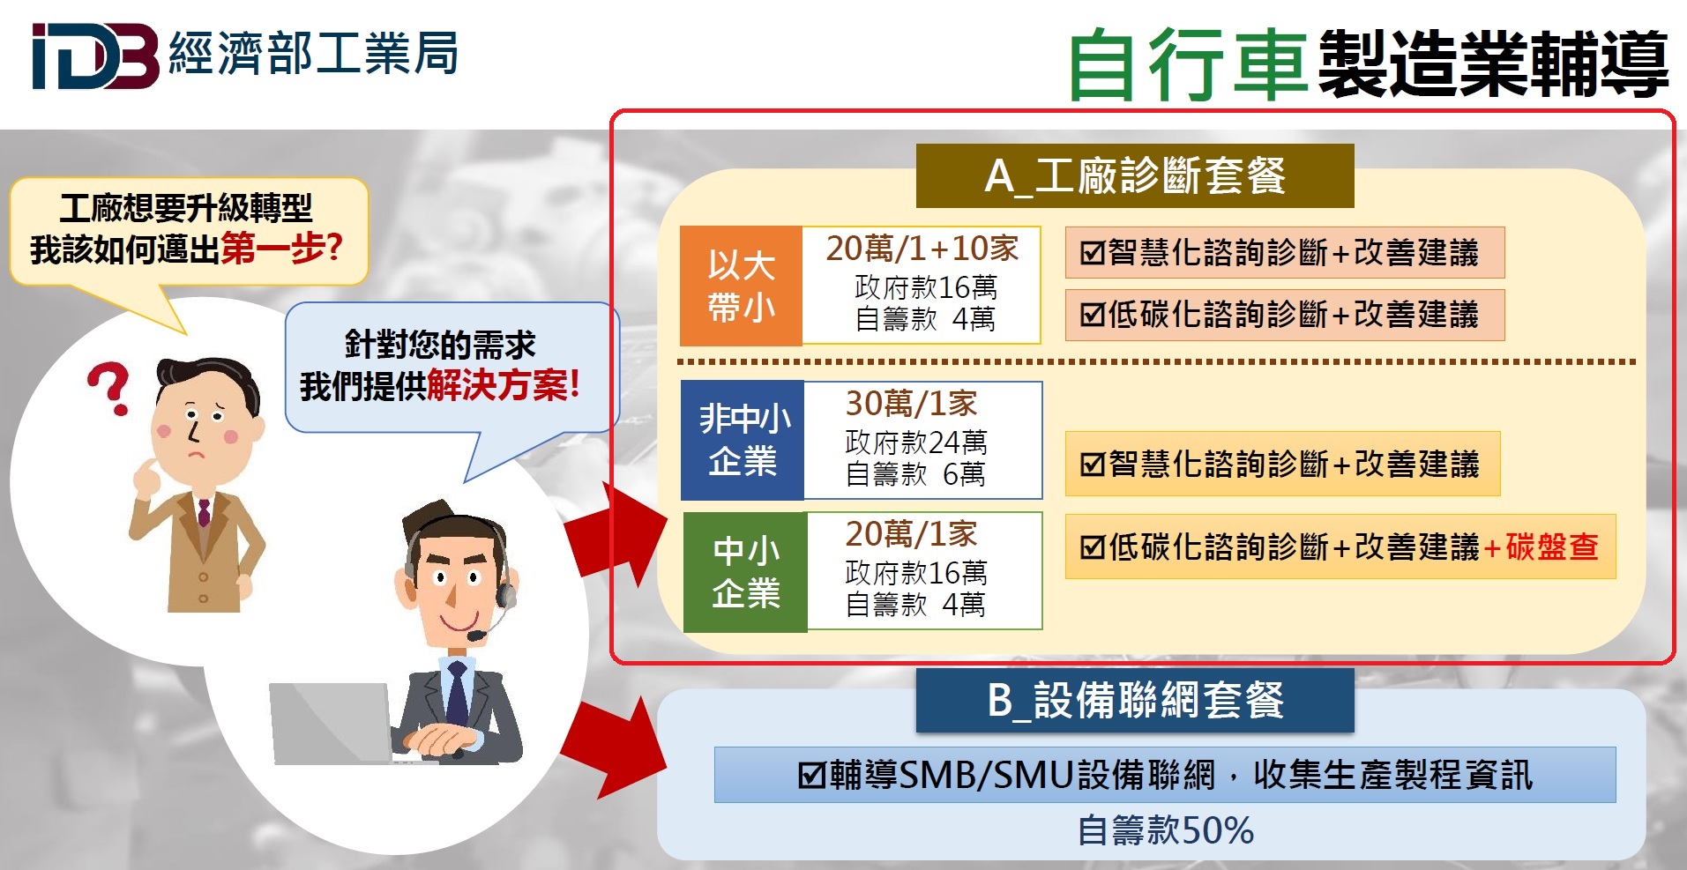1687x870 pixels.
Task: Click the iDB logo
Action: (x=95, y=56)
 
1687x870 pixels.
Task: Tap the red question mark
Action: (x=109, y=388)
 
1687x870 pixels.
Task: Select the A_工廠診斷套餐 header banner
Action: (x=1135, y=176)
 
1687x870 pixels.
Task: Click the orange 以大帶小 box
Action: (x=741, y=286)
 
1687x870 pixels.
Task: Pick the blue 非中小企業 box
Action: (x=743, y=440)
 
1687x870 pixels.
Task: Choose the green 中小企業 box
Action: (x=745, y=571)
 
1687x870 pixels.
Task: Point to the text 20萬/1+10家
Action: (x=922, y=249)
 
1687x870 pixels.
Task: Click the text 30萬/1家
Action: (x=912, y=403)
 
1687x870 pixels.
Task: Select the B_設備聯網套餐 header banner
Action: (x=1135, y=701)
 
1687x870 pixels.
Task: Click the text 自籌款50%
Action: (x=1166, y=830)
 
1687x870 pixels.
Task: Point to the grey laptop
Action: (x=332, y=724)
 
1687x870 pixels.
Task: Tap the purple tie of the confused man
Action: (x=204, y=513)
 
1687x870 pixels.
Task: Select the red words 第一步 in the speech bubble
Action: (x=272, y=249)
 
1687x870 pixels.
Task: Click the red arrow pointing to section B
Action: (x=615, y=747)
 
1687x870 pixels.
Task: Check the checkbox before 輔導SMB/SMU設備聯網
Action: (x=811, y=776)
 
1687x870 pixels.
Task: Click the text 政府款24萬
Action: (x=916, y=442)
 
